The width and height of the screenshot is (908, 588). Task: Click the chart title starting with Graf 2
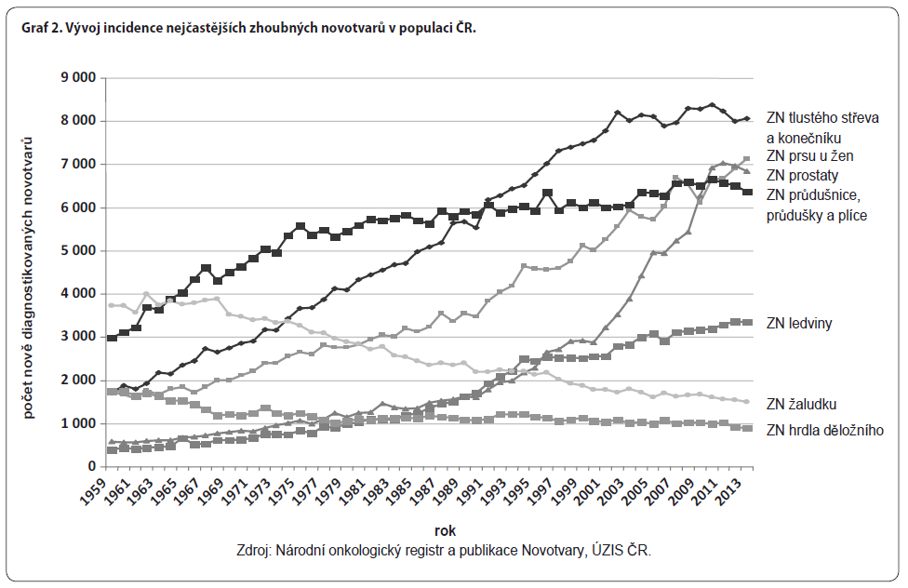click(x=247, y=29)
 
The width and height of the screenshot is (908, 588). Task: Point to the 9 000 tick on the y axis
click(x=79, y=77)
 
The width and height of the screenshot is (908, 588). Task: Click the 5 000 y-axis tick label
click(x=79, y=250)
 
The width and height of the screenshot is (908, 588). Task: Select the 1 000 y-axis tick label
click(x=79, y=423)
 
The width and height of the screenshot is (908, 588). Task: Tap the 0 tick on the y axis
click(x=92, y=466)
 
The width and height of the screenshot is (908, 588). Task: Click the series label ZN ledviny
click(x=799, y=323)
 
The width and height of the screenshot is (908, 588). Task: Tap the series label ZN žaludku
click(x=803, y=404)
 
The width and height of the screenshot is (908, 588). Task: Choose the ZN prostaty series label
click(x=803, y=175)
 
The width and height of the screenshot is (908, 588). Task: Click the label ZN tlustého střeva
click(x=822, y=118)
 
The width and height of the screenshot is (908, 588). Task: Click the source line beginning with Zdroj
click(x=445, y=551)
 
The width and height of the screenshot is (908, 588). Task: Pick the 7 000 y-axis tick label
click(x=79, y=164)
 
